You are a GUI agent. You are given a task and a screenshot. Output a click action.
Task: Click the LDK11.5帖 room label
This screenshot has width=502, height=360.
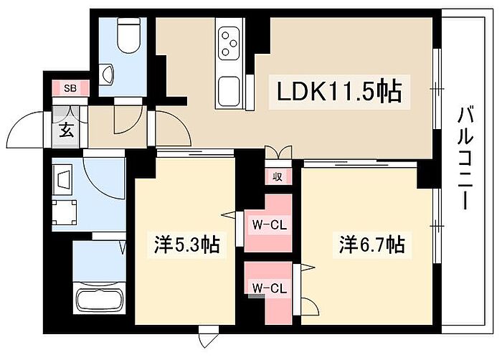(x=338, y=91)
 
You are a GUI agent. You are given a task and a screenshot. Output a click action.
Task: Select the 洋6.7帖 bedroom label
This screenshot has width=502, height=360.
(x=371, y=245)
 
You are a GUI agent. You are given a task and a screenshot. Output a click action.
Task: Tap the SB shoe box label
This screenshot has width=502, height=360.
(x=70, y=88)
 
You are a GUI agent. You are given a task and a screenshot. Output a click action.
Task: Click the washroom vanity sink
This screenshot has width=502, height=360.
(x=62, y=177)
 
